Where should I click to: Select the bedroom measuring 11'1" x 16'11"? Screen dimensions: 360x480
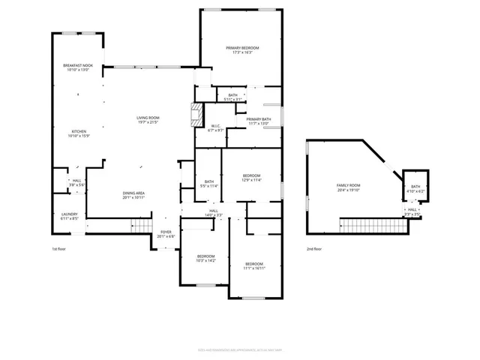254,265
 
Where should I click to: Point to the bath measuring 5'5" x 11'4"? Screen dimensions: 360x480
209,184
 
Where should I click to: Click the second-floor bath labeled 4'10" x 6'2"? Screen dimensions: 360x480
415,188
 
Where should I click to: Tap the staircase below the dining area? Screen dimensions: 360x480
140,225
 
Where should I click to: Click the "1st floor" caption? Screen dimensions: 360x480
60,248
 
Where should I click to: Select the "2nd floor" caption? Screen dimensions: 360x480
314,248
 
